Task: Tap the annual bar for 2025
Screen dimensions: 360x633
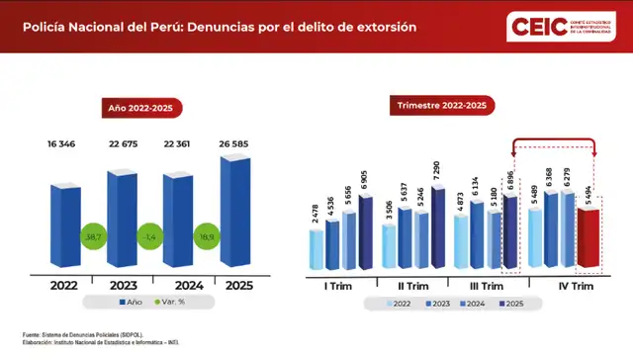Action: [x=235, y=211]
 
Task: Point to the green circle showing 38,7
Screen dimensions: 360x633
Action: [x=94, y=239]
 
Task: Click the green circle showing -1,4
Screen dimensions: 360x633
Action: [x=150, y=239]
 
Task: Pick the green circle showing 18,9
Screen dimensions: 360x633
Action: [x=207, y=239]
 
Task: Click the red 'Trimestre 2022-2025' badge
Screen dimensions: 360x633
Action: [x=440, y=105]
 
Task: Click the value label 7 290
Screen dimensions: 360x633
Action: [x=438, y=171]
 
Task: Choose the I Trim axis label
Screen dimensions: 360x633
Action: [x=336, y=286]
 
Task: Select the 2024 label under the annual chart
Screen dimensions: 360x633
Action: [x=179, y=286]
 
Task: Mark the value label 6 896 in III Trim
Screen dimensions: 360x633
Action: [x=510, y=180]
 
